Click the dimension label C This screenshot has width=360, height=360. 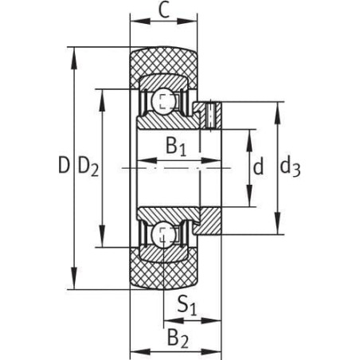click(164, 10)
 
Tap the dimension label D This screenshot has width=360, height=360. click(64, 165)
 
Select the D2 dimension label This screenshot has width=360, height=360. click(88, 166)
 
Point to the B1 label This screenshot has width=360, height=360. click(176, 147)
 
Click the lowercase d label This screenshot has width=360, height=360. click(258, 166)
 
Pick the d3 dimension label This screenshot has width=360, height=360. click(291, 167)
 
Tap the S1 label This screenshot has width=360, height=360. click(187, 305)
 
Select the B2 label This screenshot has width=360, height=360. click(178, 338)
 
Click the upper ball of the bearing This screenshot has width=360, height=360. click(163, 103)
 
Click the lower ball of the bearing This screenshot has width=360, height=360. click(163, 234)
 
